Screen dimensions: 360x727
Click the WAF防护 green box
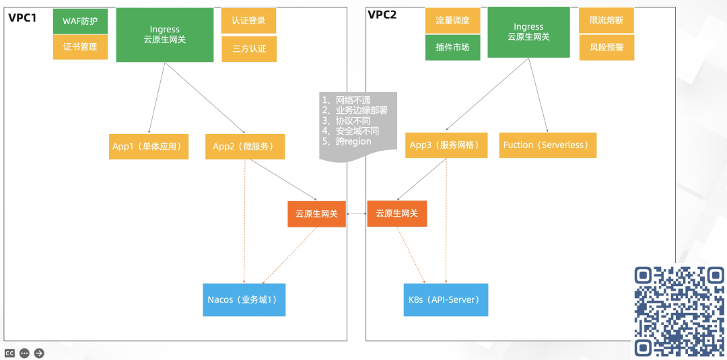pyautogui.click(x=80, y=21)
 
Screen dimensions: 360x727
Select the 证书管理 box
pyautogui.click(x=80, y=47)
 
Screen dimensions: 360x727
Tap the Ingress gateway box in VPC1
pyautogui.click(x=164, y=35)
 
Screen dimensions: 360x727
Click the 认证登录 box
pyautogui.click(x=248, y=21)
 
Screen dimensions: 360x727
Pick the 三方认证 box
pyautogui.click(x=249, y=49)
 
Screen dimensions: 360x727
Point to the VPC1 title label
pyautogui.click(x=22, y=17)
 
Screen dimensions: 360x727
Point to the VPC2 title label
pyautogui.click(x=382, y=15)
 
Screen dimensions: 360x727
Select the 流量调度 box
pyautogui.click(x=452, y=21)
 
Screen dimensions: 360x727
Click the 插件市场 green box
pyautogui.click(x=452, y=48)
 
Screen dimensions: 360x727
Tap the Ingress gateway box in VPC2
pyautogui.click(x=528, y=32)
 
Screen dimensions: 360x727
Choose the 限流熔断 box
pyautogui.click(x=607, y=21)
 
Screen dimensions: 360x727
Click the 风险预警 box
pyautogui.click(x=607, y=48)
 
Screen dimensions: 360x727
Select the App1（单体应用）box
pyautogui.click(x=149, y=147)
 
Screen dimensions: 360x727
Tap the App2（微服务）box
pyautogui.click(x=244, y=147)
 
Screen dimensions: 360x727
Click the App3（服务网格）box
pyautogui.click(x=446, y=145)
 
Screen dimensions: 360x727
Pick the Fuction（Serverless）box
pyautogui.click(x=548, y=145)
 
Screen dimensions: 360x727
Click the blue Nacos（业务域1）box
pyautogui.click(x=244, y=300)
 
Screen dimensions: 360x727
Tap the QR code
pyautogui.click(x=679, y=311)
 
